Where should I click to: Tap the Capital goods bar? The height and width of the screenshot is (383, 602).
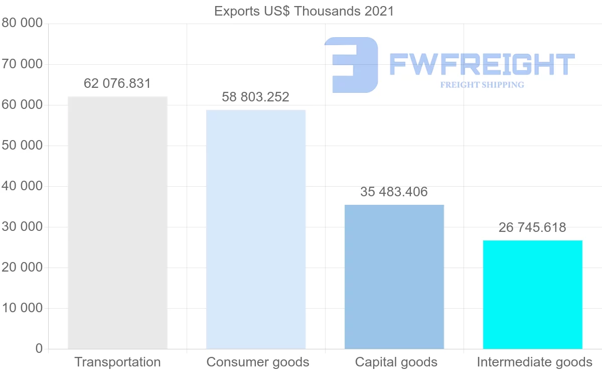(394, 277)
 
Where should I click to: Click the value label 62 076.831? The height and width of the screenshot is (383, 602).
(117, 83)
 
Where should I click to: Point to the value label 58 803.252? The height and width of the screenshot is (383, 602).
(256, 97)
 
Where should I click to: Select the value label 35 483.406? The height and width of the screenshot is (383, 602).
(394, 192)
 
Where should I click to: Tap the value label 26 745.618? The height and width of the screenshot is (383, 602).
(532, 227)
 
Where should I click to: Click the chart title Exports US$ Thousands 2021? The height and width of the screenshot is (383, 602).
(304, 11)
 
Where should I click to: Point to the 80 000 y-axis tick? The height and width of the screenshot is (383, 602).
(22, 23)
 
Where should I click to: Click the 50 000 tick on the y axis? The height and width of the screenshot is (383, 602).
(22, 146)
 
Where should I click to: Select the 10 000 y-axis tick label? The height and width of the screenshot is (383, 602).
(22, 308)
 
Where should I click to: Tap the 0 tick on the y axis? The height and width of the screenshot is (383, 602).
(39, 348)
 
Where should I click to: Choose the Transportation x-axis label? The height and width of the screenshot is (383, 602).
(117, 362)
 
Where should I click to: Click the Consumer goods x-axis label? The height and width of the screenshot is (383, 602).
(258, 362)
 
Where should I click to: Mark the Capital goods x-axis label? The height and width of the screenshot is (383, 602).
(396, 362)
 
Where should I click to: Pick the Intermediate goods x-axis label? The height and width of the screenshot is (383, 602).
(534, 362)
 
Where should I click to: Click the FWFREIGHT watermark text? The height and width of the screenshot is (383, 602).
(482, 64)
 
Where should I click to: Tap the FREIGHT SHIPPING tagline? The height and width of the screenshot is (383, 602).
(482, 85)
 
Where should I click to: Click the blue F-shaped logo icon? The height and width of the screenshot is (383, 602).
(351, 65)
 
